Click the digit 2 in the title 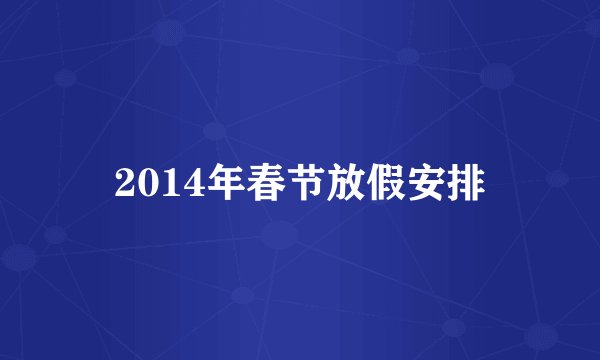(126, 183)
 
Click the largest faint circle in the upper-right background (497, 76)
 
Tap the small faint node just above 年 (213, 130)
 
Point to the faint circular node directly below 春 (280, 235)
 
